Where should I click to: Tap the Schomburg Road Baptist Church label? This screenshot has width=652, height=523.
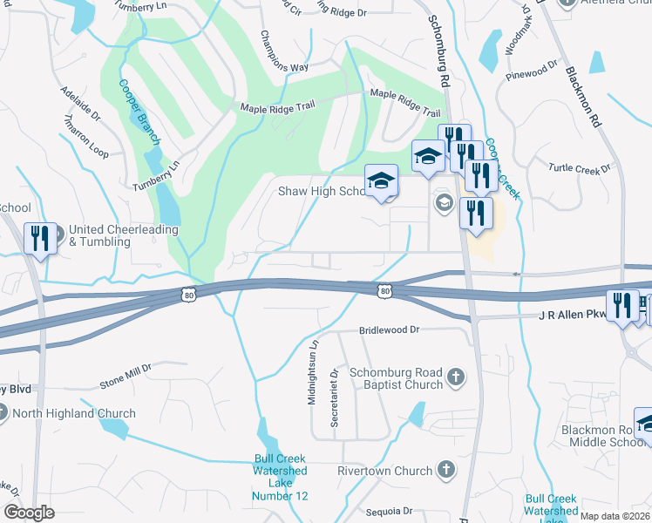tap(396, 378)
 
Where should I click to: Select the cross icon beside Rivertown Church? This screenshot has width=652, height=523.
tap(445, 472)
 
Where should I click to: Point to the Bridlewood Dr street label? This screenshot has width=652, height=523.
tap(390, 331)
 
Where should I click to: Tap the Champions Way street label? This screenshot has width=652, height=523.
tap(284, 53)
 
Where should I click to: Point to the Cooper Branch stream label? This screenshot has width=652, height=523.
tap(139, 112)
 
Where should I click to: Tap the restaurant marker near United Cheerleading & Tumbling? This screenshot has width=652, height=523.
tap(39, 238)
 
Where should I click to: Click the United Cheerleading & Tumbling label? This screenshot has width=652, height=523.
tap(124, 235)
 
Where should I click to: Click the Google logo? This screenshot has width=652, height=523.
tap(30, 513)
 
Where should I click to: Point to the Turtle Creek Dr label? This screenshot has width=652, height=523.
tap(577, 168)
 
